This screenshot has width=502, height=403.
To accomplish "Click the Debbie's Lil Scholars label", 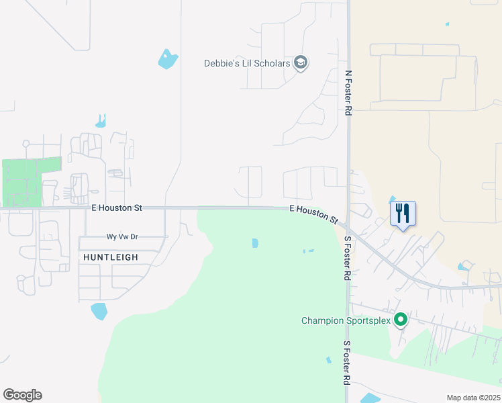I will [x=247, y=64].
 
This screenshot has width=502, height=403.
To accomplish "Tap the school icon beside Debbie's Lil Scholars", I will [x=301, y=63].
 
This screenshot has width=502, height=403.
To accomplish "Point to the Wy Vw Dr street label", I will [x=121, y=236].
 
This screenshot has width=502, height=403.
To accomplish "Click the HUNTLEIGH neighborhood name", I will [x=111, y=257].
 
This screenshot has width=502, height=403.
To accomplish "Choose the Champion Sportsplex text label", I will [x=345, y=320].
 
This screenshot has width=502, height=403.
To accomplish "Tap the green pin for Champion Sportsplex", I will [x=401, y=320].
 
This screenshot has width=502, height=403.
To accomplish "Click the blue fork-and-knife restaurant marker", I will [x=403, y=214].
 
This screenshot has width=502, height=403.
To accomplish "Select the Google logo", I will [x=22, y=395].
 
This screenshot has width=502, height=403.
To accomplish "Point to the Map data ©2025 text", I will [x=473, y=398].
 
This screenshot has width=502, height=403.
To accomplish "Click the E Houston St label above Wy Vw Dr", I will [x=117, y=208].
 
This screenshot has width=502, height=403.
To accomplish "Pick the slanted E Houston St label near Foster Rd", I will [x=313, y=214].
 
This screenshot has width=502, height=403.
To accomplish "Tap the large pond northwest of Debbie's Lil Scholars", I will [x=168, y=59].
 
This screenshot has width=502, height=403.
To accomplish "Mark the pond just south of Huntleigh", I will [x=99, y=311].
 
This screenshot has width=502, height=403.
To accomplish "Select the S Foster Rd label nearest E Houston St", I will [x=348, y=258].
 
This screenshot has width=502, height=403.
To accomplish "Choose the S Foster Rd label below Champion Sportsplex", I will [x=348, y=362].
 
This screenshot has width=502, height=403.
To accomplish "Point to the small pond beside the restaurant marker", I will [x=392, y=199].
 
